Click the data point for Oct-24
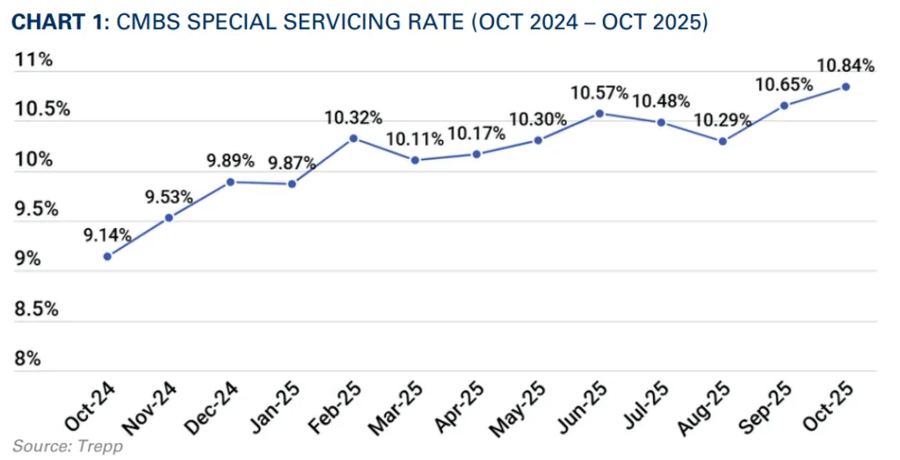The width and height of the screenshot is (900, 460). coord(107,256)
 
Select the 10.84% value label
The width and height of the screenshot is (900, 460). coord(846,65)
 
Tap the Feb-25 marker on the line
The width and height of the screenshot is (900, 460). coord(353,138)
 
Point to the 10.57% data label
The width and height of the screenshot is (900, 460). coord(599,92)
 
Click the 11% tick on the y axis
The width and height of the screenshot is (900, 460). coord(33,60)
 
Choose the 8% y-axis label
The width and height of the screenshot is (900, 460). coord(28,359)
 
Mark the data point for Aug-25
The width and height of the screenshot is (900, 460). coord(722,141)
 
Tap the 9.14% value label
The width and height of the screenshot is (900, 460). coord(107,235)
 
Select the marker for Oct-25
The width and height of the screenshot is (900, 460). coord(846,86)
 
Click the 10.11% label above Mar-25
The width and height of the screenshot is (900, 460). coord(415,139)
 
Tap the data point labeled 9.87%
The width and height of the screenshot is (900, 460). coord(292,184)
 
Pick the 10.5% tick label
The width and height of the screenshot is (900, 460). coord(41,109)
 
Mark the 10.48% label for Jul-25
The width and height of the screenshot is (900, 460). coord(661,100)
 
